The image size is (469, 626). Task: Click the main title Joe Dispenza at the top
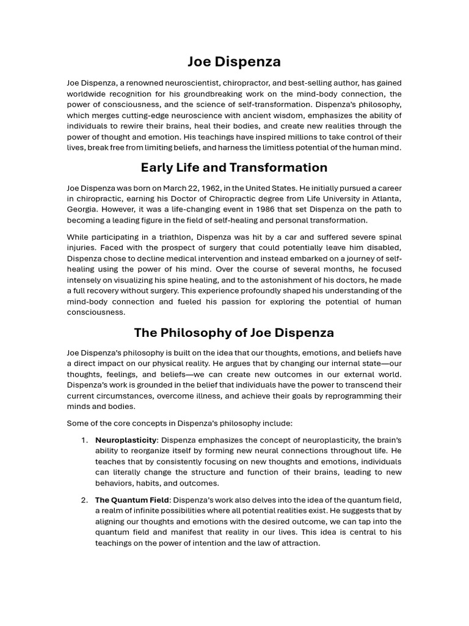[234, 62]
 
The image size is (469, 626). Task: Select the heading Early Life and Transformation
[234, 168]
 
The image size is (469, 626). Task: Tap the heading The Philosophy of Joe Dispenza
[234, 333]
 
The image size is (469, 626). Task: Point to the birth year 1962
[225, 188]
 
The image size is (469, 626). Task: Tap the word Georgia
[82, 209]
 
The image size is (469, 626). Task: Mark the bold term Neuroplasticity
[126, 440]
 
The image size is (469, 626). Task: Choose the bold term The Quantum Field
[132, 500]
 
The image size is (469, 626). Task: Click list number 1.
[84, 440]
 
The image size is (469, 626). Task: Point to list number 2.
[84, 500]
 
